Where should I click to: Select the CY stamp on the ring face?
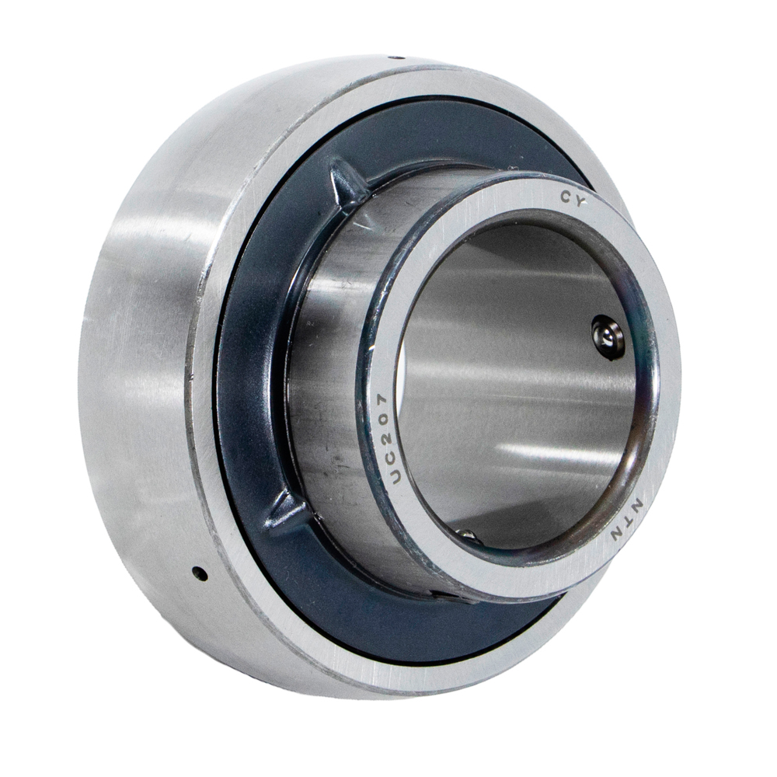(574, 198)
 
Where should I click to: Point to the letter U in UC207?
(394, 477)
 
